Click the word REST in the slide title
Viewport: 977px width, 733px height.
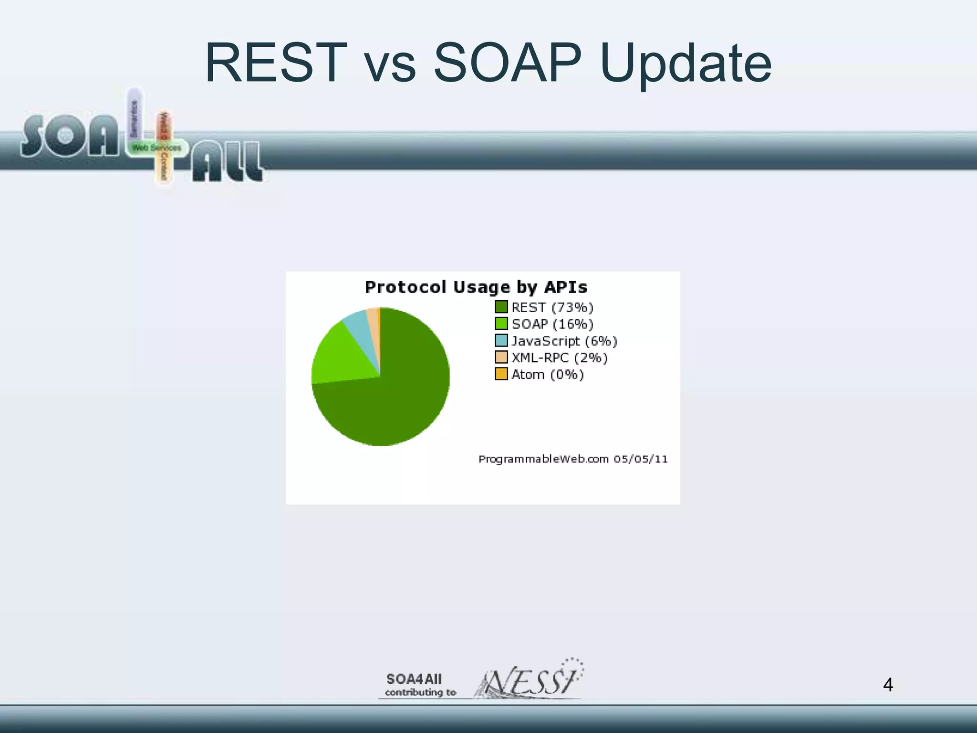tap(276, 63)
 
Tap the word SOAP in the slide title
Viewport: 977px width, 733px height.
tap(508, 63)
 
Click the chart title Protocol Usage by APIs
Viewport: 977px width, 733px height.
tap(476, 287)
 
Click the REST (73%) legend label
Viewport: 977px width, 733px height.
tap(552, 307)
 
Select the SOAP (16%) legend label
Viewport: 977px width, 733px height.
tap(552, 324)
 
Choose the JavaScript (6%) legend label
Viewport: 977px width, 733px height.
tap(564, 341)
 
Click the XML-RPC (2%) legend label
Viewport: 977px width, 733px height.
tap(559, 358)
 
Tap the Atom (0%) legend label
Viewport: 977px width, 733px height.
tap(547, 375)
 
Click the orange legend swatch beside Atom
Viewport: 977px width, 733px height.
tap(501, 374)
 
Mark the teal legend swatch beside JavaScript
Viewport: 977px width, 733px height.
tap(501, 341)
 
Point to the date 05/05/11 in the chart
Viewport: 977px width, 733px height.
tap(641, 459)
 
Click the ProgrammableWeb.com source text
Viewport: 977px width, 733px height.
tap(543, 459)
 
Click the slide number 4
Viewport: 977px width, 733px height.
tap(888, 685)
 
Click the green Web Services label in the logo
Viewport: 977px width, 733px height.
tap(156, 148)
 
